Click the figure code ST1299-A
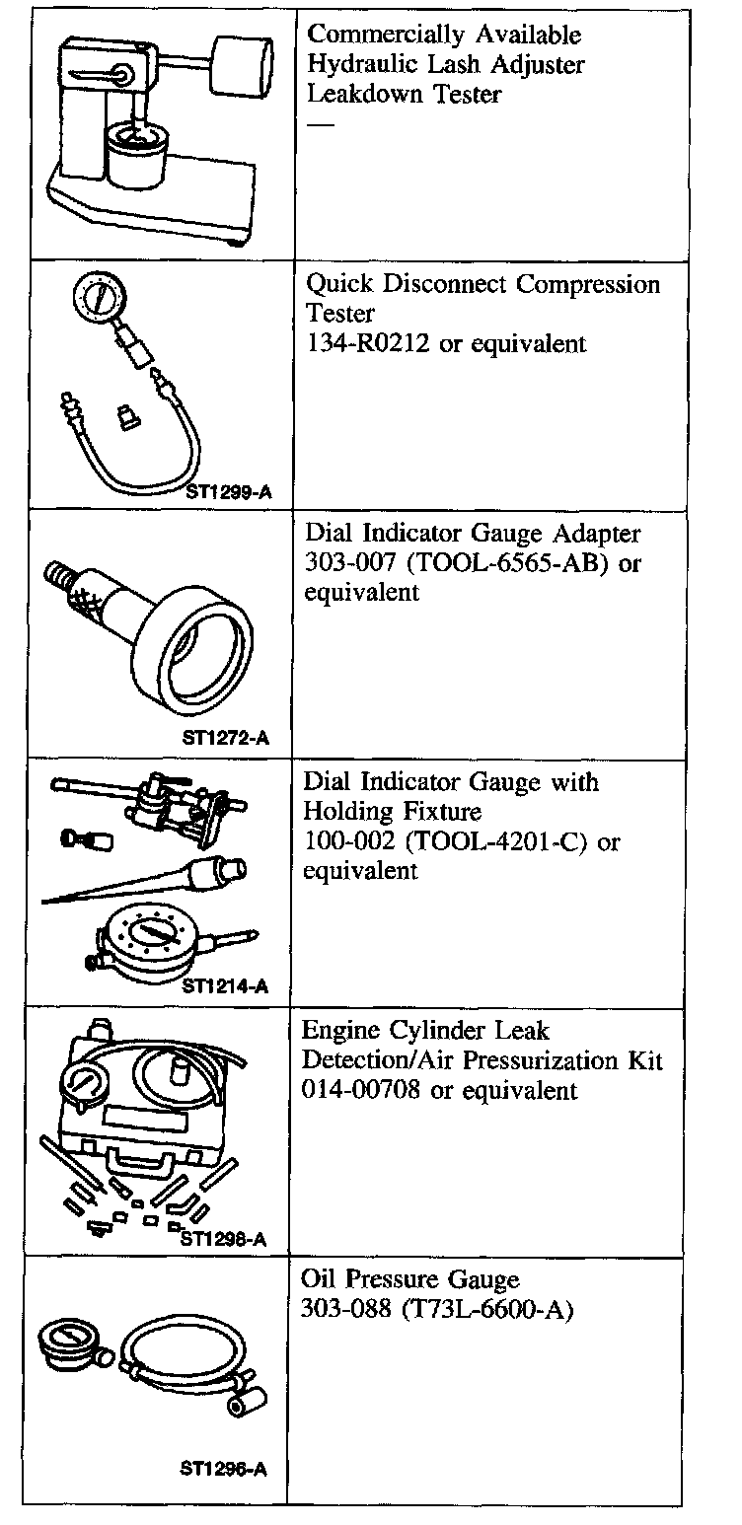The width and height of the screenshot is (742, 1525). tap(227, 488)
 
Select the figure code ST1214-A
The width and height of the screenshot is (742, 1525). tap(225, 984)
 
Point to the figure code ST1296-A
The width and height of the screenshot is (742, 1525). tap(223, 1469)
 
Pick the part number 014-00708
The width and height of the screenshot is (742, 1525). tap(363, 1090)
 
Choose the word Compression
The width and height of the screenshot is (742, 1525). tap(589, 284)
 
